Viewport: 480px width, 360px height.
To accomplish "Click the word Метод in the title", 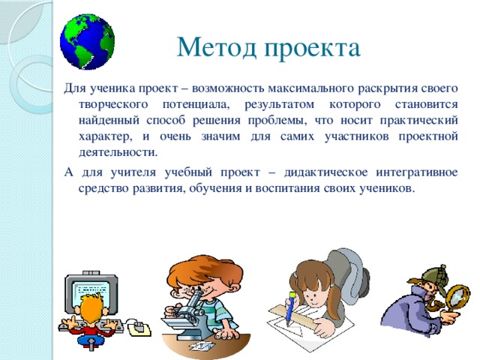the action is point(217,47).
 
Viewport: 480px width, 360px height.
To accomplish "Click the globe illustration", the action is point(87,42).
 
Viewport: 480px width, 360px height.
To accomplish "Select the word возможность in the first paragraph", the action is point(228,88).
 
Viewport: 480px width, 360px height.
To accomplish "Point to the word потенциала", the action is point(196,105).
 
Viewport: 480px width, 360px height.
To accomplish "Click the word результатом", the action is point(279,105).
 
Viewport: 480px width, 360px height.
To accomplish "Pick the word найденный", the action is point(109,120).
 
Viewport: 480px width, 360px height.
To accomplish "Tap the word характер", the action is point(105,136).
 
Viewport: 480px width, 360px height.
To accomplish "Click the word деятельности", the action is point(118,152).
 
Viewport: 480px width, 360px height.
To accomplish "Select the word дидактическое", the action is point(326,172).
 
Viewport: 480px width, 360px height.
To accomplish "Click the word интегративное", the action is point(417,172).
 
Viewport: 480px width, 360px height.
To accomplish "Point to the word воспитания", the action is point(288,188).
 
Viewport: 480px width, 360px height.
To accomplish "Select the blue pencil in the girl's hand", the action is point(290,308).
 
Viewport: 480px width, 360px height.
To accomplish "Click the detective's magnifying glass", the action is point(457,298).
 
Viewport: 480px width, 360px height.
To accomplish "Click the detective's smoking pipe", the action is point(434,304).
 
